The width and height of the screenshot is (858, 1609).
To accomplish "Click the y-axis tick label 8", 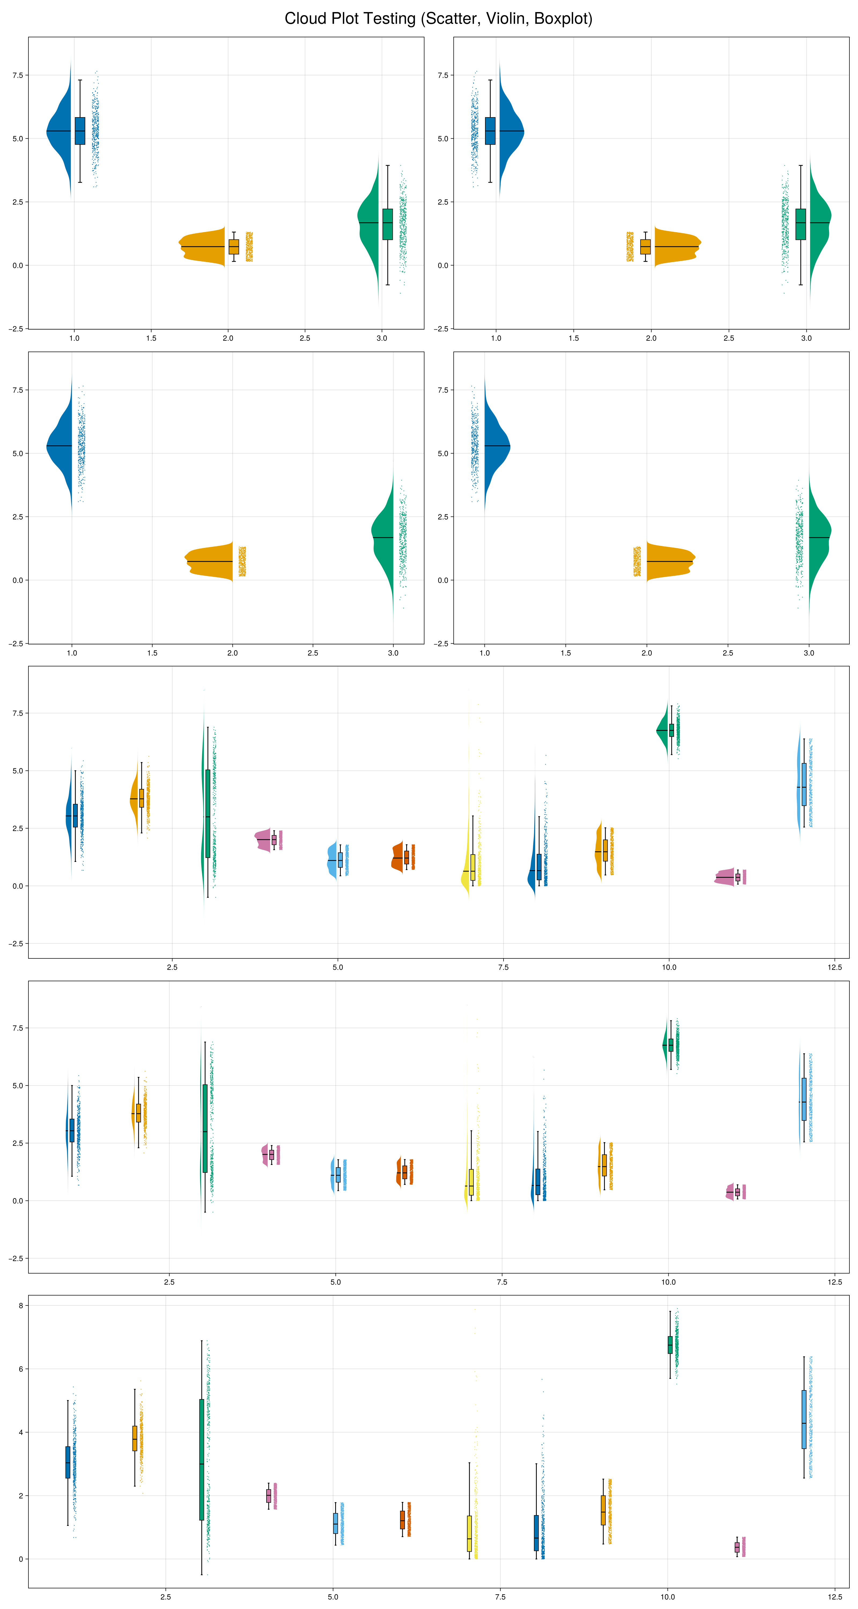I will tap(21, 1305).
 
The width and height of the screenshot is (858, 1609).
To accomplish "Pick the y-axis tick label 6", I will tap(21, 1369).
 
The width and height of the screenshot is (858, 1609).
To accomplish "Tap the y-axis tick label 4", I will tap(21, 1432).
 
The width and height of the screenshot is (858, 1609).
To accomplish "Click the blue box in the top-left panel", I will tap(80, 131).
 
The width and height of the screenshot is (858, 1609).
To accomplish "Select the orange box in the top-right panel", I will tap(645, 247).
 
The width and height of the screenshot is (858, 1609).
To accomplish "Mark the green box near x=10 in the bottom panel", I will tap(670, 1345).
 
